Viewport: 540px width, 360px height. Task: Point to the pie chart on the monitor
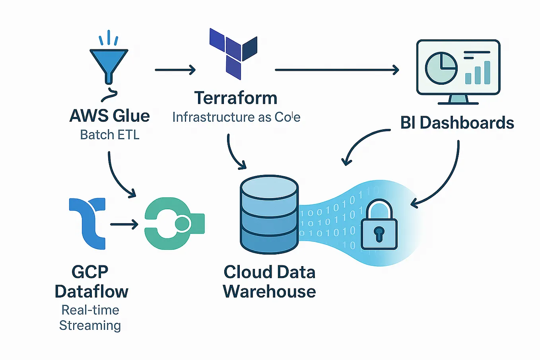(x=441, y=68)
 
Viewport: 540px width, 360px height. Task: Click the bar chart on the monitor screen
(x=478, y=73)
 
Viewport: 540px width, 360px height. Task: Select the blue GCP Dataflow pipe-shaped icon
(x=88, y=223)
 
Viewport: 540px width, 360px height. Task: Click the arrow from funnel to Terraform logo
(x=175, y=70)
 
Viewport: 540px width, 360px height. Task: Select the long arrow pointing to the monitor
(x=336, y=70)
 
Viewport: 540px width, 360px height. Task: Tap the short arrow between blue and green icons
(x=124, y=225)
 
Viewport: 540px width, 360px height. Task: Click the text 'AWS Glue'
(x=109, y=116)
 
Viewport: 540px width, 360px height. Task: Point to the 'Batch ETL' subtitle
(x=110, y=135)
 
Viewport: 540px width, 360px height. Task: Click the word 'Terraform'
(x=236, y=98)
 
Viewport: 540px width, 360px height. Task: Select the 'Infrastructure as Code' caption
(x=236, y=117)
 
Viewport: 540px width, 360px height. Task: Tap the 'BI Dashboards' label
(x=457, y=123)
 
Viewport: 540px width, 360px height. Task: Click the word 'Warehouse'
(x=269, y=292)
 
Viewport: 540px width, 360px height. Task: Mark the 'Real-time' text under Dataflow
(x=90, y=310)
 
